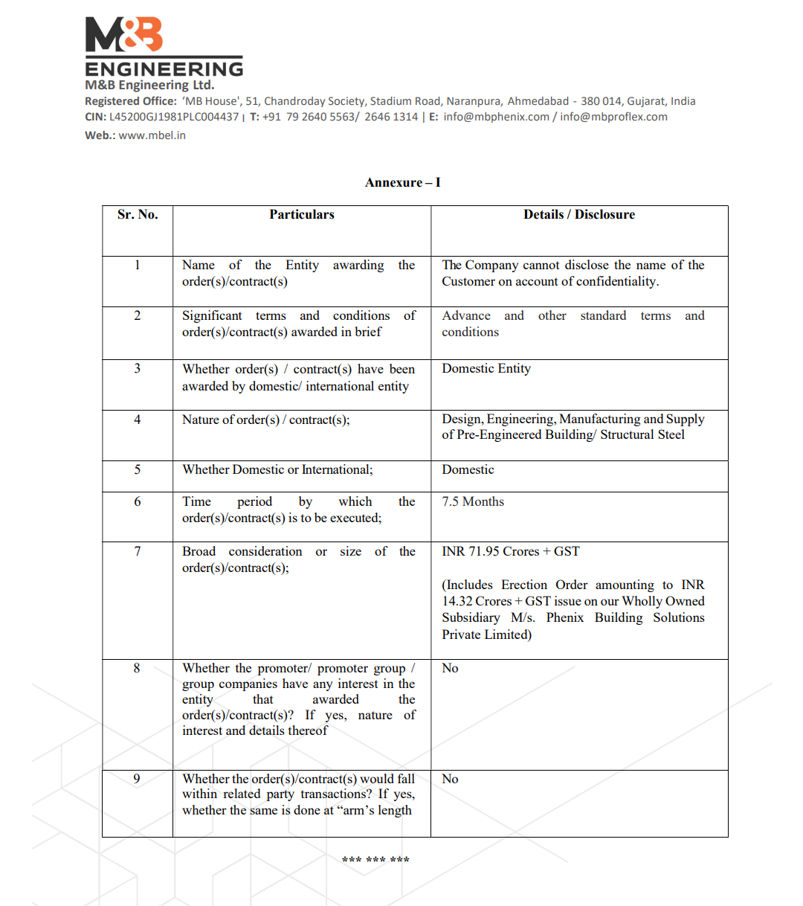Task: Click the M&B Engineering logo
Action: click(164, 46)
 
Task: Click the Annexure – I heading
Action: click(402, 182)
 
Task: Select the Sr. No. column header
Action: click(138, 214)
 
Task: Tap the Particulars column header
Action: click(302, 214)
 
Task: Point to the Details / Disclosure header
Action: click(579, 214)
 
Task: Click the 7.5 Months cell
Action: click(473, 501)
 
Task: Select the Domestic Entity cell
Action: click(486, 368)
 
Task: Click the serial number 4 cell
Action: click(138, 420)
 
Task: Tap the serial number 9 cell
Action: click(137, 779)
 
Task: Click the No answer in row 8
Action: click(450, 668)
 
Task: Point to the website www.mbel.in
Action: click(152, 135)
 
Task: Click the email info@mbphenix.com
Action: click(497, 117)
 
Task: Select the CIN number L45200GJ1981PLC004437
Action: click(174, 117)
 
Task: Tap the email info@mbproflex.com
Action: click(613, 117)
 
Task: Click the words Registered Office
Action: click(131, 101)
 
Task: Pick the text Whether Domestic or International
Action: click(277, 469)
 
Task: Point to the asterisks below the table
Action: click(375, 861)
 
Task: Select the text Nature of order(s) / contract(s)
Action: click(265, 420)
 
